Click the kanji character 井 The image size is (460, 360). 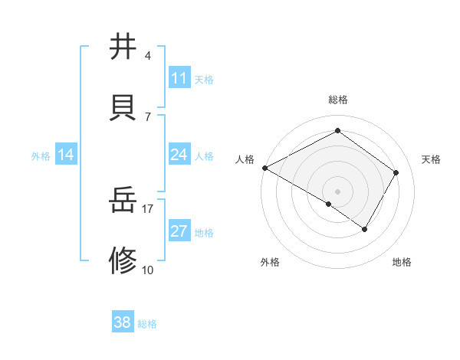click(x=123, y=47)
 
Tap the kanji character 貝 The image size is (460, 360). click(x=123, y=106)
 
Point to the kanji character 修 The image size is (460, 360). click(x=123, y=260)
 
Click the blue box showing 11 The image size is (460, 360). click(x=179, y=78)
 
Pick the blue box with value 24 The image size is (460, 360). click(x=179, y=155)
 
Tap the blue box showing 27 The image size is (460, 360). click(x=179, y=231)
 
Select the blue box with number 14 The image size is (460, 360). click(x=66, y=155)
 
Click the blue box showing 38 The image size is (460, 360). click(x=122, y=322)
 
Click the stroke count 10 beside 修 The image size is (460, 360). click(x=147, y=270)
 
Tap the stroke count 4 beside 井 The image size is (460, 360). click(x=147, y=55)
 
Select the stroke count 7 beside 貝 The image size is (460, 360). click(x=147, y=116)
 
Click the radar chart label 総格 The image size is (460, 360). click(x=337, y=100)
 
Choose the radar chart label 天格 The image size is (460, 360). click(x=431, y=159)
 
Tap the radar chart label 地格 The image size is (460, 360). click(x=402, y=262)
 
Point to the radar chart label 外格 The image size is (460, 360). click(x=270, y=262)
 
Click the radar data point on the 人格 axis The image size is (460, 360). click(x=264, y=168)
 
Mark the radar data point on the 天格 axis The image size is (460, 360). click(x=396, y=172)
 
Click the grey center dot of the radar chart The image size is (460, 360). click(x=337, y=191)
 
